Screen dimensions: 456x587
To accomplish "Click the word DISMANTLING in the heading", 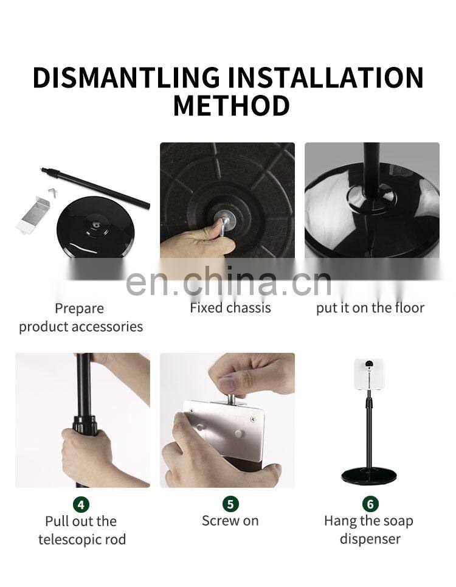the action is pyautogui.click(x=126, y=77).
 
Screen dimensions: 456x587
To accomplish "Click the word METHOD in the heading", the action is pyautogui.click(x=232, y=105).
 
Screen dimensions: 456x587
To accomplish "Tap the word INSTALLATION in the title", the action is pyautogui.click(x=326, y=77).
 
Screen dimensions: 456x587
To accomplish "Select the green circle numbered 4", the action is pyautogui.click(x=81, y=504).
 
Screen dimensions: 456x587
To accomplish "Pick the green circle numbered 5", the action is pyautogui.click(x=230, y=504).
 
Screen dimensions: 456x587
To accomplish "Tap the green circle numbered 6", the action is pyautogui.click(x=370, y=504).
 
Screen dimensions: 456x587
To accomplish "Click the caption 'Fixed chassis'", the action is pyautogui.click(x=230, y=308).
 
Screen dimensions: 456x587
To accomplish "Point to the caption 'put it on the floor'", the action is pyautogui.click(x=370, y=308).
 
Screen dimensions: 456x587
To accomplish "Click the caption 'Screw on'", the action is pyautogui.click(x=230, y=521).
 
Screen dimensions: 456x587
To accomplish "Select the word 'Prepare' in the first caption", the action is pyautogui.click(x=79, y=309).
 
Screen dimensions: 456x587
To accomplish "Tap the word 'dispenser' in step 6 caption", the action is pyautogui.click(x=370, y=540).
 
